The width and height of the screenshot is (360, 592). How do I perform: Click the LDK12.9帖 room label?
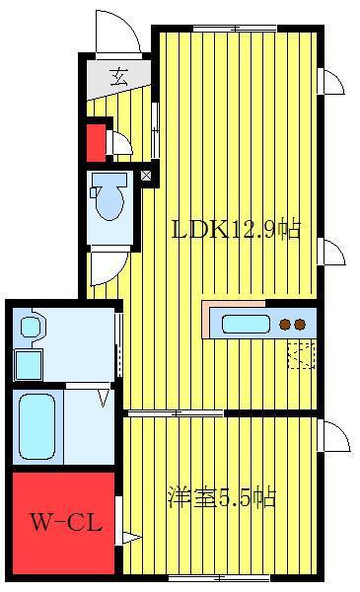pos(236,230)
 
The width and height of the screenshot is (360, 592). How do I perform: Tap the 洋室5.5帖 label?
pos(222,497)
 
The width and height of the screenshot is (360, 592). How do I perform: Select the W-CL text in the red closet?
pos(66,523)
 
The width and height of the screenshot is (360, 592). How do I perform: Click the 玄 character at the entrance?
pos(119,77)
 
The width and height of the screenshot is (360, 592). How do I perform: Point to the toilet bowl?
pos(109,201)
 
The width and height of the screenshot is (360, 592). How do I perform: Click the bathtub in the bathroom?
pos(36,426)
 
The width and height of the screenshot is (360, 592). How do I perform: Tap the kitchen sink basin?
pos(246,325)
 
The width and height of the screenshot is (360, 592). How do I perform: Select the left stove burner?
pos(285,325)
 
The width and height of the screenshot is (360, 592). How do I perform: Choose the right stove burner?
pos(300,325)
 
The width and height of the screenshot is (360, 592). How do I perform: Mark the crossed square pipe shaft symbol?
pos(146,176)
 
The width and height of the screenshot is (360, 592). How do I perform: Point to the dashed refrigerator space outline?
pos(301,354)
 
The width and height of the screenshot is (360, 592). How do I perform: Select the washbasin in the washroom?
pos(31,327)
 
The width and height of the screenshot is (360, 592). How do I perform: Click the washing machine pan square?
pos(29,365)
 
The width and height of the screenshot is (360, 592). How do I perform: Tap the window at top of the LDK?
pos(235,28)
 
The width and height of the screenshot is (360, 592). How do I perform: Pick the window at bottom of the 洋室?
pos(219,577)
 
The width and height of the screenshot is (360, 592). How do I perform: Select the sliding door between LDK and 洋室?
pos(176,413)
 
